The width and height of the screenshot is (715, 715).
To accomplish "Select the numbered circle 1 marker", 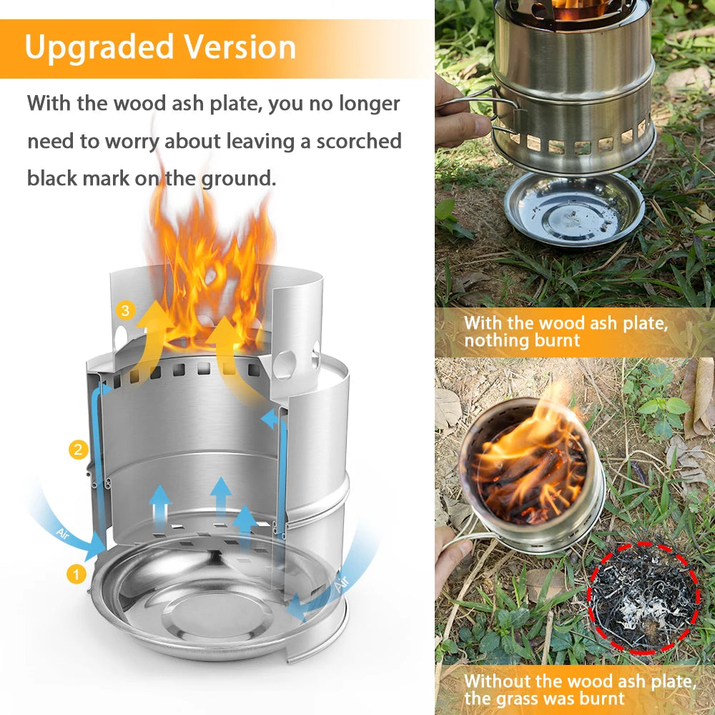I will click(x=77, y=573).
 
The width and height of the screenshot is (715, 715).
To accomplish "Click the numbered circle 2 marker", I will click(x=79, y=450).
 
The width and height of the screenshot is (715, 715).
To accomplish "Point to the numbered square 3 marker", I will click(x=126, y=310).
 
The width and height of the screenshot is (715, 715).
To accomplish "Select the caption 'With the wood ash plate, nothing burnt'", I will click(x=565, y=332).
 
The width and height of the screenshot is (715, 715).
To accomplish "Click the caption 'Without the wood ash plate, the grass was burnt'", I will click(x=579, y=689).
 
